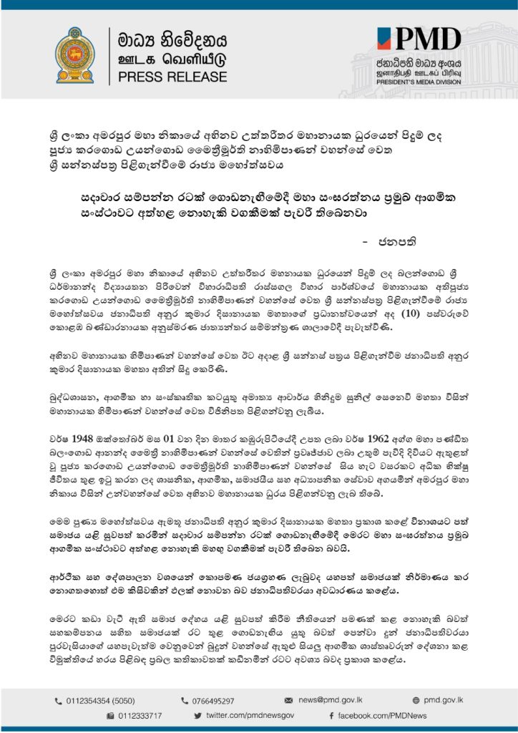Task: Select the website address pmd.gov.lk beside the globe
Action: click(444, 700)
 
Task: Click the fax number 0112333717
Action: click(140, 715)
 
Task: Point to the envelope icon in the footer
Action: click(289, 700)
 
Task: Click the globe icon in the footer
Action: click(416, 700)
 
